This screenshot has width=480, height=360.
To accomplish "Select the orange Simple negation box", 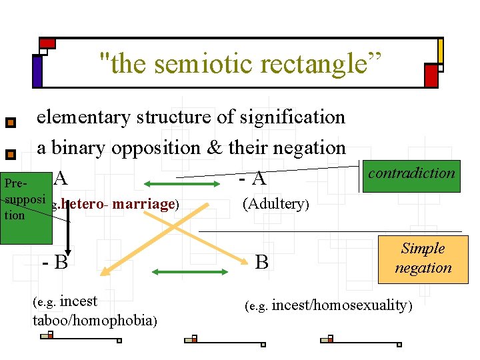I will (x=423, y=258).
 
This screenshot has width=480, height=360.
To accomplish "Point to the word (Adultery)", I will (x=275, y=203).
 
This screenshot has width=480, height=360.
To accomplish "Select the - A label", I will (x=253, y=179).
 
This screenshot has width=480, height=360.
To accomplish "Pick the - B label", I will (x=56, y=262).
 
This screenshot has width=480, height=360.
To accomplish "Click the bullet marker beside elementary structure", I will (x=10, y=123).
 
